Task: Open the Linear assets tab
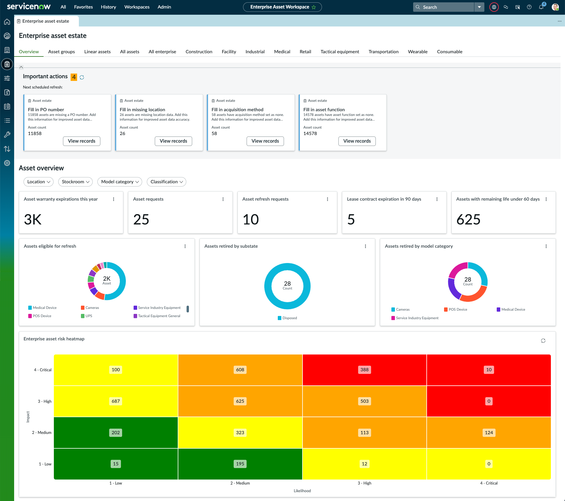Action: tap(97, 51)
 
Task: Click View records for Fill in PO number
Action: tap(82, 141)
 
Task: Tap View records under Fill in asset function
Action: tap(357, 141)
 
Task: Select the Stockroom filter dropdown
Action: tap(75, 182)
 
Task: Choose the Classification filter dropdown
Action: tap(167, 182)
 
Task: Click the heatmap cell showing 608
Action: tap(240, 370)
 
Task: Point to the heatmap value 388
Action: tap(364, 370)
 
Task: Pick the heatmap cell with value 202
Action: tap(116, 432)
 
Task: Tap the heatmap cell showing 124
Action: tap(489, 432)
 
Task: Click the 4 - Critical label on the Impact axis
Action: tap(43, 370)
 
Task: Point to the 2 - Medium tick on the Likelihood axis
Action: tap(240, 483)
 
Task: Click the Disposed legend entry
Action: tap(287, 318)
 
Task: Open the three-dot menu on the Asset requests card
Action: tap(223, 199)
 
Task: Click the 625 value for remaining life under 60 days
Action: tap(468, 219)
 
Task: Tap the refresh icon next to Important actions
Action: tap(82, 77)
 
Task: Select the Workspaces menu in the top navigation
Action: tap(137, 7)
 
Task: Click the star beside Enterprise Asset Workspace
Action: tap(314, 7)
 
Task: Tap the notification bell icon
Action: tap(541, 7)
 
